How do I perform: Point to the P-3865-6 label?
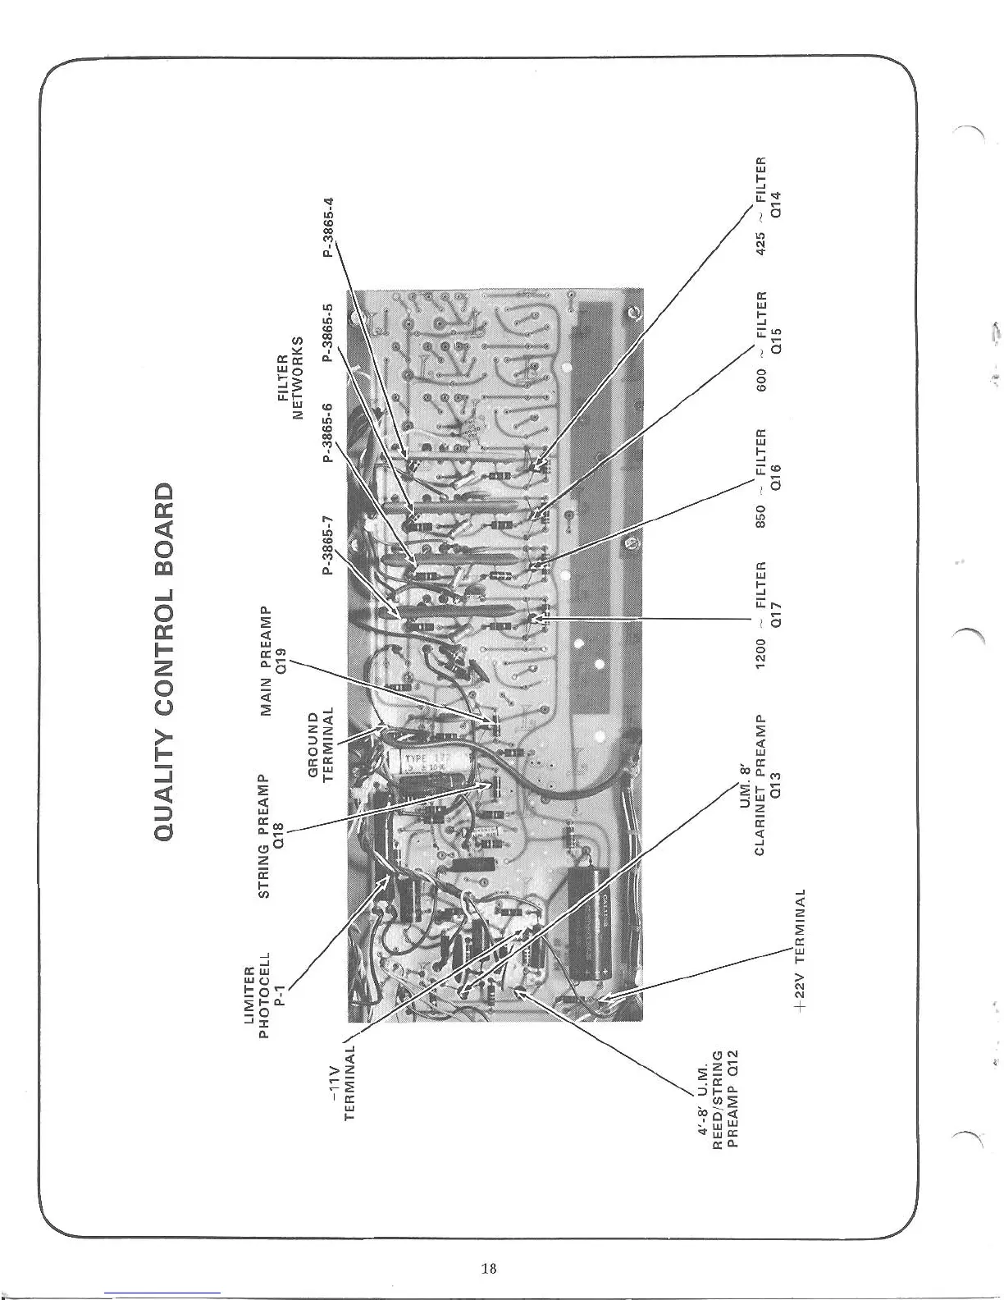pyautogui.click(x=329, y=433)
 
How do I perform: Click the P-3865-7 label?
pyautogui.click(x=329, y=545)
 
